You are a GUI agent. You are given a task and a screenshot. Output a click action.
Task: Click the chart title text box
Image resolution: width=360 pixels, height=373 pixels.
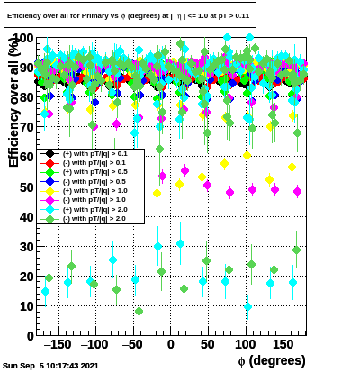130,15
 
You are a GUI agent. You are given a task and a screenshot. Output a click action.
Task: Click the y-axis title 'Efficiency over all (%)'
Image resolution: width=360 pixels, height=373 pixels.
13,102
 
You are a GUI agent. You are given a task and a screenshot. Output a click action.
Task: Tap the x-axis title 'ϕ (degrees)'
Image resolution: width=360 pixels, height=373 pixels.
272,360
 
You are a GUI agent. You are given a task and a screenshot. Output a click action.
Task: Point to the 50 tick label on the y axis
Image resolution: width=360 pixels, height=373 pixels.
27,187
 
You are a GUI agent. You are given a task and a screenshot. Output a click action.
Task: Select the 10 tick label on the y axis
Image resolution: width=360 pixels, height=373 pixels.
27,306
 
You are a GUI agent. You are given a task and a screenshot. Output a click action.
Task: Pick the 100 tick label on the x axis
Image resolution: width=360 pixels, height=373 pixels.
246,344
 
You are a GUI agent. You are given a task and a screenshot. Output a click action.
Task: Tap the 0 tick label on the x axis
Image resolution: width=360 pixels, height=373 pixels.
171,344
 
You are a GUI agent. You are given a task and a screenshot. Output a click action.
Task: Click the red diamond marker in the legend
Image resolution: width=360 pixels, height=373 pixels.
49,163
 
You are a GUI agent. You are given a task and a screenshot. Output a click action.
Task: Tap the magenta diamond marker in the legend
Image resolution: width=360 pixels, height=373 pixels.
49,200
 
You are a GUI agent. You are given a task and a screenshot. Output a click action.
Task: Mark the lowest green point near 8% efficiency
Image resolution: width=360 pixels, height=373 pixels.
139,311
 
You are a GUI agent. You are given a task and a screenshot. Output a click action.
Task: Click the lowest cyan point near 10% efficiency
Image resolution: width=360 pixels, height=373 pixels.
247,306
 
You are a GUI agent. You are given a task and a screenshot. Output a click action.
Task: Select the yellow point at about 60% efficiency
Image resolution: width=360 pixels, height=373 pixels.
247,156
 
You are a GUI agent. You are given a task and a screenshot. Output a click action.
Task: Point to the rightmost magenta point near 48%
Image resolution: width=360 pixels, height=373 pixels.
297,191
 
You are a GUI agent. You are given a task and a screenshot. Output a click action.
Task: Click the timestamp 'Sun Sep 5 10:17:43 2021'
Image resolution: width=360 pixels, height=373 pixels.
50,366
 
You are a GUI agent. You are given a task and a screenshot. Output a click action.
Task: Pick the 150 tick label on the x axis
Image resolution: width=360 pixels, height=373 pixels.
283,344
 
